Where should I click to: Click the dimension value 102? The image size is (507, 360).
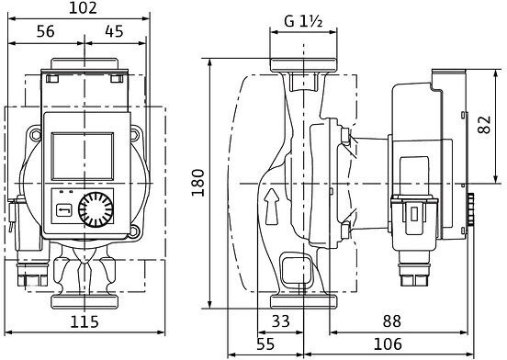[x=83, y=8]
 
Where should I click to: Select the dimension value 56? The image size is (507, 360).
[x=46, y=31]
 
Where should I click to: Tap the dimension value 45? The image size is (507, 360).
[x=114, y=31]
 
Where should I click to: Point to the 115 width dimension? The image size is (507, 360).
[x=84, y=321]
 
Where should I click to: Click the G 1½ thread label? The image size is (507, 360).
[x=303, y=21]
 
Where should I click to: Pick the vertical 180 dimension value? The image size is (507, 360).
[x=197, y=183]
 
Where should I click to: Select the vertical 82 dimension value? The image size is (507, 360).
[x=484, y=125]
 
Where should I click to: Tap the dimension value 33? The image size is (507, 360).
[x=281, y=321]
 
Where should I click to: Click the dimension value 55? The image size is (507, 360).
[x=265, y=343]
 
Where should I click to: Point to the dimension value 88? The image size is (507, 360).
[x=392, y=321]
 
